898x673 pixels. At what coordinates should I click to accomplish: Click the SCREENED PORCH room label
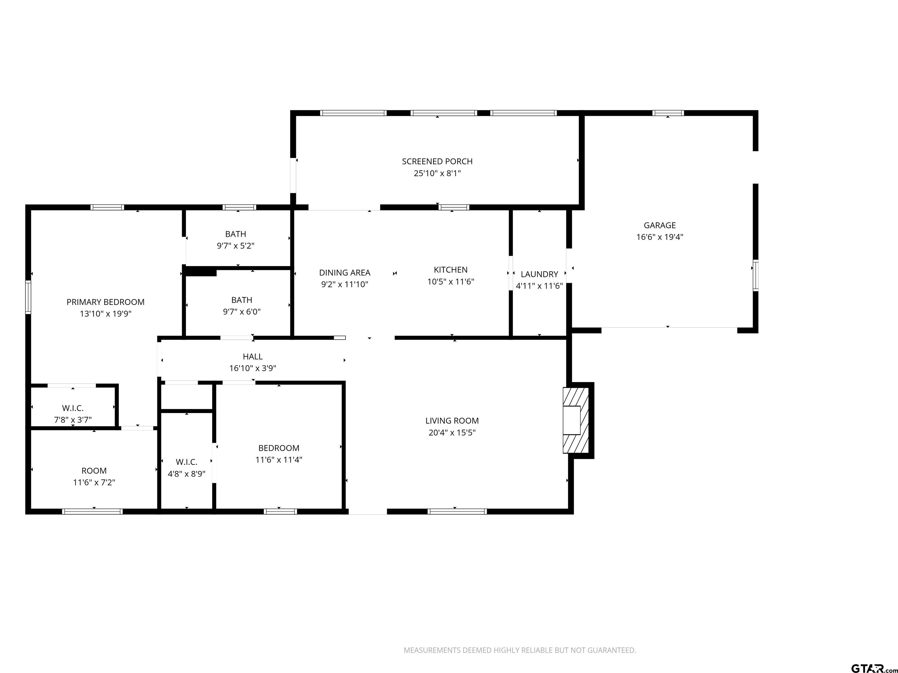437,162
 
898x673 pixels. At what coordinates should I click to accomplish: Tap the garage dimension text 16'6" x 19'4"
660,237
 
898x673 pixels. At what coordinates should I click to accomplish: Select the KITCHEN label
451,270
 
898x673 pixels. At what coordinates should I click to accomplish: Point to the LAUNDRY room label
539,274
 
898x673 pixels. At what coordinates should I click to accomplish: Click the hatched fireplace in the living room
576,420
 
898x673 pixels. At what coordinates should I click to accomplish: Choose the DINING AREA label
345,273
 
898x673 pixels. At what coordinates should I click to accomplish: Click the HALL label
253,357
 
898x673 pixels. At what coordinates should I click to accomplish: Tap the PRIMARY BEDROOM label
106,302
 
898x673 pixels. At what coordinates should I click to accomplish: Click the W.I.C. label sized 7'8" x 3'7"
73,408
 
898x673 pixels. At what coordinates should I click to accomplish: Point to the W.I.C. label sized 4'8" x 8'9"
186,462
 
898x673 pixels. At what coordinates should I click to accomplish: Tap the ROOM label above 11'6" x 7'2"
94,471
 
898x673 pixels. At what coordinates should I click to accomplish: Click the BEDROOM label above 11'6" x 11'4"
279,448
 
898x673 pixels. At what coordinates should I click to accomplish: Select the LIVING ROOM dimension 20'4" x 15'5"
452,432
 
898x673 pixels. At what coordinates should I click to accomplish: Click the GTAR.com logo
874,657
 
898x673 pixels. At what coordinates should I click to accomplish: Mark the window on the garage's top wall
668,113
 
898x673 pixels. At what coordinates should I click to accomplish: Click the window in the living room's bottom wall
457,511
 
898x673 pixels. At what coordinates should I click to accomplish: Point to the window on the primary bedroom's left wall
28,297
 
